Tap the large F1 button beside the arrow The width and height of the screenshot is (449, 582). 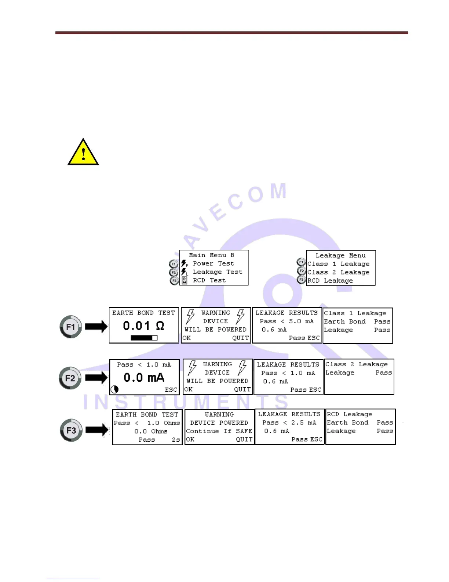[x=70, y=326]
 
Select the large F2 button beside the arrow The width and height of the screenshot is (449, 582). [x=70, y=378]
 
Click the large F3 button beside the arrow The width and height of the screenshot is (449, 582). [x=71, y=430]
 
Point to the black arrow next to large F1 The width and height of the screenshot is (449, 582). [x=96, y=326]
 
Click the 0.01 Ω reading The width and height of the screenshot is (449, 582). [x=143, y=326]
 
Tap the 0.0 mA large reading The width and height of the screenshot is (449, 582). [x=144, y=377]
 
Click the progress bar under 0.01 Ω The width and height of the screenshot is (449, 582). [x=144, y=338]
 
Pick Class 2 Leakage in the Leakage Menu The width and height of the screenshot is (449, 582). [x=338, y=272]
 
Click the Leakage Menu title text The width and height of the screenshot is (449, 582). [x=340, y=255]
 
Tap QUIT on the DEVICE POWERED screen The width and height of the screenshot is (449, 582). [x=244, y=439]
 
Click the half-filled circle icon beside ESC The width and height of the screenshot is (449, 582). [x=115, y=389]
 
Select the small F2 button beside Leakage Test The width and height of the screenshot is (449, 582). [x=174, y=273]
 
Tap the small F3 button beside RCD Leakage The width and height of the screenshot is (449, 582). [x=301, y=280]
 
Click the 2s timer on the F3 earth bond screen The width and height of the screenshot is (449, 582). [x=176, y=439]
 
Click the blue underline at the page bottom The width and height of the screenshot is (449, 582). [x=73, y=579]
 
